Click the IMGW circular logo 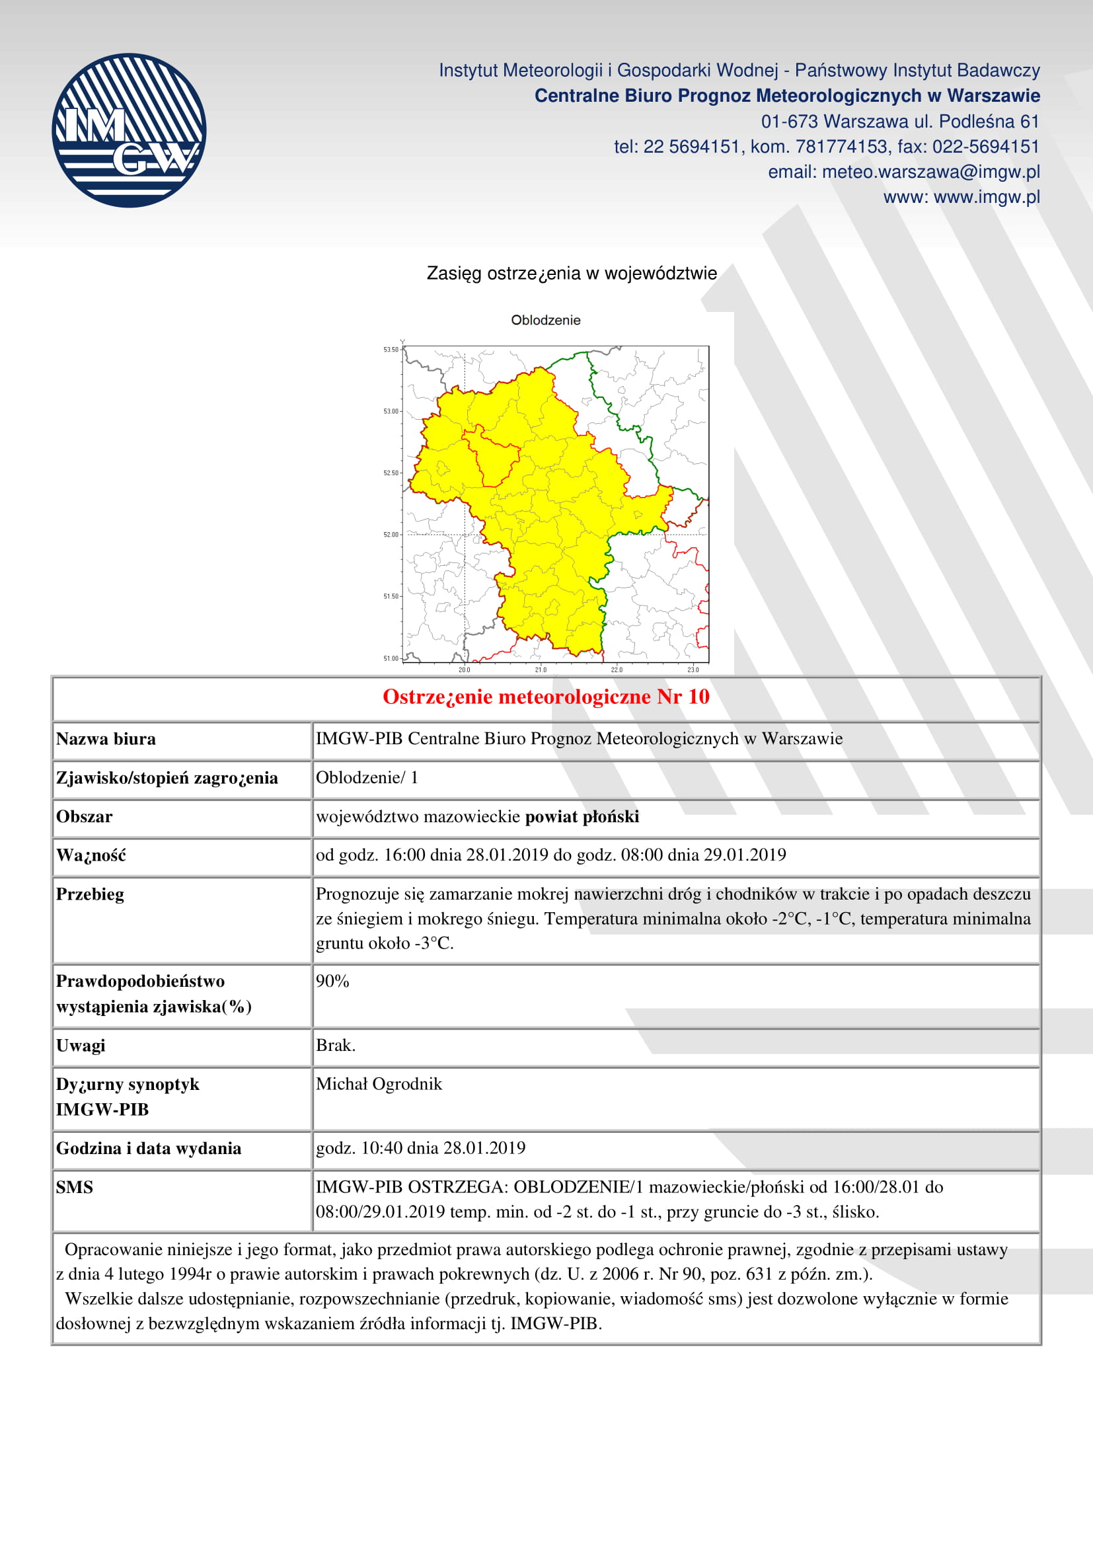pyautogui.click(x=129, y=131)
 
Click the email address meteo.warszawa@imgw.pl pyautogui.click(x=930, y=173)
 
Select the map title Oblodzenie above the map pyautogui.click(x=545, y=321)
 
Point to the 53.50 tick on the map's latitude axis pyautogui.click(x=391, y=350)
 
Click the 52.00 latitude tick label pyautogui.click(x=391, y=535)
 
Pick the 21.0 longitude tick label pyautogui.click(x=541, y=670)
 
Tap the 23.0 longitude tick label pyautogui.click(x=693, y=670)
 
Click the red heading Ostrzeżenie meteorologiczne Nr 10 pyautogui.click(x=546, y=697)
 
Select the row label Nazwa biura pyautogui.click(x=106, y=740)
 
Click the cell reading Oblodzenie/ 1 pyautogui.click(x=367, y=778)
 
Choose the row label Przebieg pyautogui.click(x=90, y=894)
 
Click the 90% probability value pyautogui.click(x=332, y=981)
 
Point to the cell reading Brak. pyautogui.click(x=335, y=1045)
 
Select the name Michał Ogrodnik pyautogui.click(x=379, y=1084)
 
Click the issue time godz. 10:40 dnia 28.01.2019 pyautogui.click(x=421, y=1148)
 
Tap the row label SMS pyautogui.click(x=75, y=1187)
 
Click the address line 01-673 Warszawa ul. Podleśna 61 pyautogui.click(x=900, y=122)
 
